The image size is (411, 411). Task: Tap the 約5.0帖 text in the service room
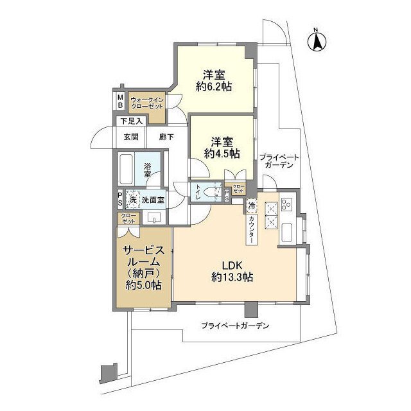(143, 284)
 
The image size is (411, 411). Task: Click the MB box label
(120, 101)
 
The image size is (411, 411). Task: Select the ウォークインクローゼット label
(147, 103)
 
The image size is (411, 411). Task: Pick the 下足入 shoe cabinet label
(130, 121)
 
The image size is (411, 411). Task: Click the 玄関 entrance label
(131, 136)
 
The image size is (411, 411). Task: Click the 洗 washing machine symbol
(134, 199)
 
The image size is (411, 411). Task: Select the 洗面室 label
(153, 200)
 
